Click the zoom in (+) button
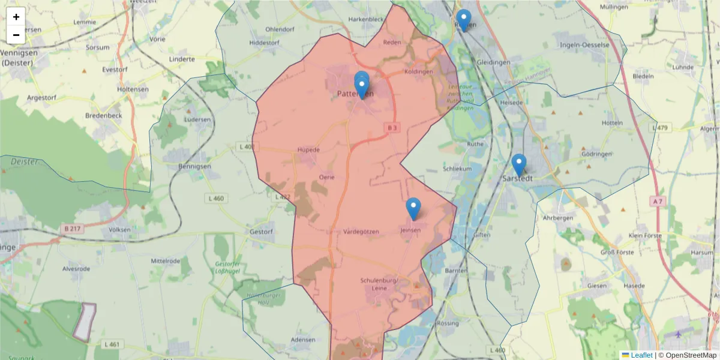coord(16,17)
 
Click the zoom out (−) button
coord(16,35)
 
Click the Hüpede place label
coord(308,149)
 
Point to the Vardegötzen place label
coord(361,232)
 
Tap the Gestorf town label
coord(262,232)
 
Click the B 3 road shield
coord(392,128)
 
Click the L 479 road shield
coord(662,128)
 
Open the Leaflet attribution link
coord(641,355)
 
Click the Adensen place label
coord(302,340)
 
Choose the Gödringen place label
coord(596,154)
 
